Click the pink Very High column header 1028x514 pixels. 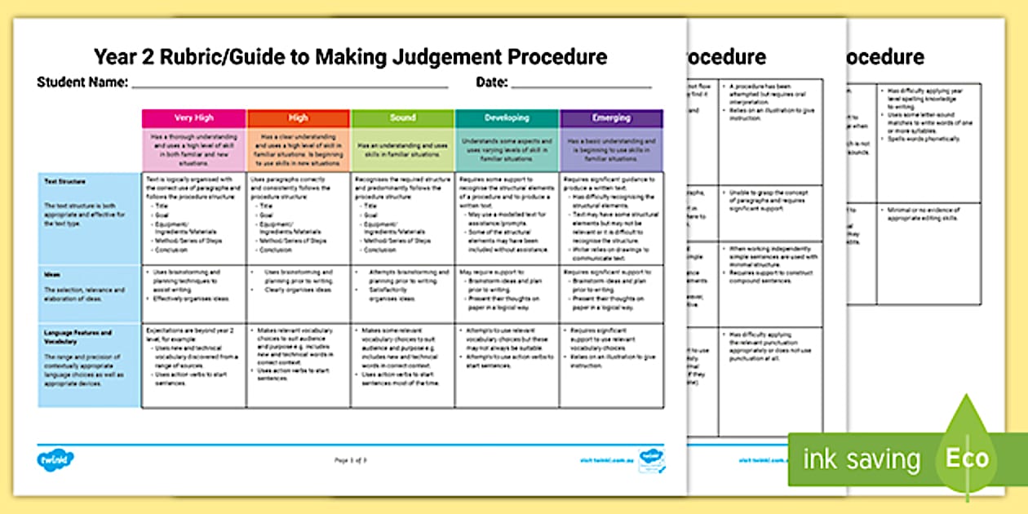(x=193, y=118)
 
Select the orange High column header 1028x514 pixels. (x=299, y=118)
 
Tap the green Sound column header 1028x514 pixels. (x=402, y=118)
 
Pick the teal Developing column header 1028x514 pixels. (x=507, y=118)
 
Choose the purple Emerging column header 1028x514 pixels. (x=611, y=118)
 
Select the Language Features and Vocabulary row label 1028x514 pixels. (x=78, y=337)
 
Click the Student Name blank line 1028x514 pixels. (x=290, y=86)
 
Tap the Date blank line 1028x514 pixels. (x=581, y=86)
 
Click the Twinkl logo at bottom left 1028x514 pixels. (x=56, y=459)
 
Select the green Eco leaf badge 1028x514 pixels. (x=967, y=457)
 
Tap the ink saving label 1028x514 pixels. (x=862, y=459)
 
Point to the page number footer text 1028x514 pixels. (x=351, y=460)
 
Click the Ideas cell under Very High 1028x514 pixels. (x=193, y=293)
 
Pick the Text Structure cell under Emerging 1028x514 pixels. (x=611, y=217)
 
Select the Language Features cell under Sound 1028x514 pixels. (x=402, y=366)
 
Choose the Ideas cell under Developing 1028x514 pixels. (x=507, y=293)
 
